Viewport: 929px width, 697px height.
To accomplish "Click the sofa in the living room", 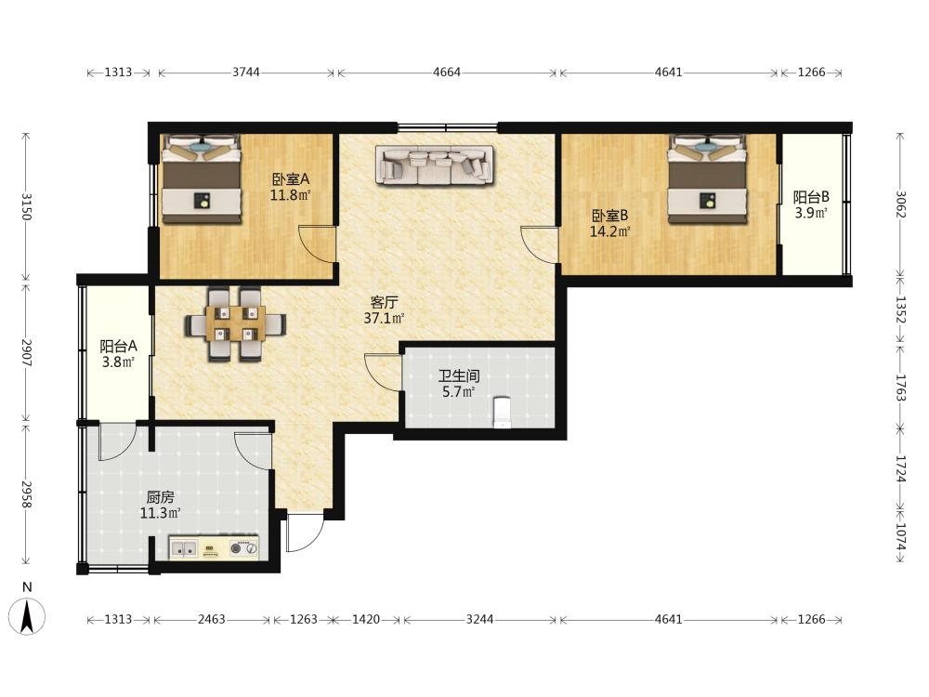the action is coord(435,164).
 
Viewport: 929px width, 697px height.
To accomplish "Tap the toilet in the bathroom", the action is coord(502,412).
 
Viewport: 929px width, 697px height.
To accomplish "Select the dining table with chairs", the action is coord(235,324).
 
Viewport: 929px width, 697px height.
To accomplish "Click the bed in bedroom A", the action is coord(202,179).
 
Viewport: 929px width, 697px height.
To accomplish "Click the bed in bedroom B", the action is coord(707,179).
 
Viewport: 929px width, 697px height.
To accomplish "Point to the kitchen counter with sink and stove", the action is coord(215,548).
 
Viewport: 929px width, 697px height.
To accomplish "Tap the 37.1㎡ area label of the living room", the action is coord(384,318).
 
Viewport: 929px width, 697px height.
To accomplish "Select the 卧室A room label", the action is coord(290,179).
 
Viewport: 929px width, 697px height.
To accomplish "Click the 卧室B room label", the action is coord(609,216).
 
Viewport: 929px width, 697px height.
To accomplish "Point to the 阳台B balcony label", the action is coord(811,197).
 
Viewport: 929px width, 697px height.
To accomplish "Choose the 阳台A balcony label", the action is coord(119,346).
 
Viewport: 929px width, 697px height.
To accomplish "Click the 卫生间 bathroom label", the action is coord(459,375).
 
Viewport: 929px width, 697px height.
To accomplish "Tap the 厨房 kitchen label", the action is coord(160,497).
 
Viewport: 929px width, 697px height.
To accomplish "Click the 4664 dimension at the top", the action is coord(447,72).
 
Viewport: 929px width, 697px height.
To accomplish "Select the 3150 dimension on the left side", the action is coord(26,206).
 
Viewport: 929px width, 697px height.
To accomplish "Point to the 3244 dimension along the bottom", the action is coord(480,619).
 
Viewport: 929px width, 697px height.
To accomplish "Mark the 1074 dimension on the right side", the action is coord(900,537).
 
